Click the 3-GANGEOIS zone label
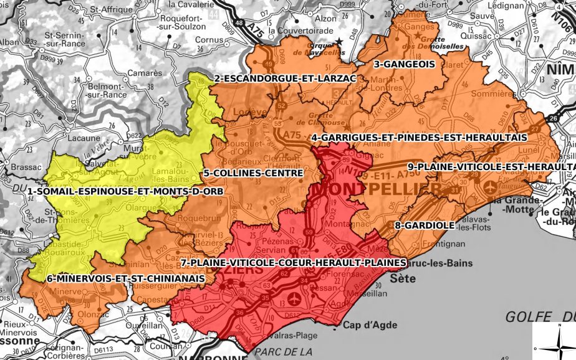(x=400, y=64)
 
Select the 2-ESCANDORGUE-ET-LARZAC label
(x=268, y=78)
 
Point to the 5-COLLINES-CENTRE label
(x=252, y=173)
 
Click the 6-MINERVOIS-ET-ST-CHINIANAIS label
(x=125, y=278)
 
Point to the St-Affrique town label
(x=107, y=10)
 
